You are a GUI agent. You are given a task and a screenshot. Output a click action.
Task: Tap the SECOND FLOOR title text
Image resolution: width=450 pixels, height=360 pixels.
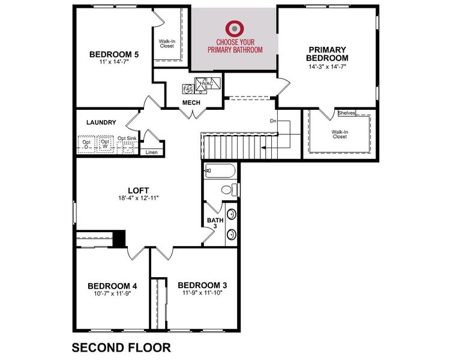pyautogui.click(x=121, y=347)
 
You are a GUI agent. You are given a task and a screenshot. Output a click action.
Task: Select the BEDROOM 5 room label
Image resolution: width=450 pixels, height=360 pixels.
pyautogui.click(x=114, y=54)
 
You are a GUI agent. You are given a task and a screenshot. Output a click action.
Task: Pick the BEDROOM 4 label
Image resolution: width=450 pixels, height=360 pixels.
pyautogui.click(x=112, y=286)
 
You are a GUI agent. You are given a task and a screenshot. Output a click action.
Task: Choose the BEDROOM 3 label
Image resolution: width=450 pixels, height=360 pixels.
pyautogui.click(x=202, y=284)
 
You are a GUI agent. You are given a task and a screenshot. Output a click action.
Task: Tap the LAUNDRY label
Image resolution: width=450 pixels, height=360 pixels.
pyautogui.click(x=101, y=122)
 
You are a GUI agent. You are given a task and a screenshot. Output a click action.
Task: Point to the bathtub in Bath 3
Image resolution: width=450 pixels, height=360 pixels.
pyautogui.click(x=220, y=170)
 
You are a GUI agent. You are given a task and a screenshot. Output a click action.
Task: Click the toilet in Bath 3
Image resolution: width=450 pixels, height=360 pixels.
pyautogui.click(x=229, y=190)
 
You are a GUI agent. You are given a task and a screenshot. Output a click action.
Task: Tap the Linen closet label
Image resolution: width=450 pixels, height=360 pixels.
pyautogui.click(x=152, y=152)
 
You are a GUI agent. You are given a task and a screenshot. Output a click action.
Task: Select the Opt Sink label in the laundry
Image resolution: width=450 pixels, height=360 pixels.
pyautogui.click(x=127, y=139)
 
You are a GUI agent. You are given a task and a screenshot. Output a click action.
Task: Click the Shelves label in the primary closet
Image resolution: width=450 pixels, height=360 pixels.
pyautogui.click(x=347, y=113)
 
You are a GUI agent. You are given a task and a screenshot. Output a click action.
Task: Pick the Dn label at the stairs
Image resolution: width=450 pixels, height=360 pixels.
pyautogui.click(x=273, y=121)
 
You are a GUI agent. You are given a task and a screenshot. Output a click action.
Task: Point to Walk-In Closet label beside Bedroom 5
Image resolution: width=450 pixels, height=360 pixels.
pyautogui.click(x=167, y=44)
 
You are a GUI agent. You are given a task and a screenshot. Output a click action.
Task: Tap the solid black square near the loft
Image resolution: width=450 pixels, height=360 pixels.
pyautogui.click(x=120, y=238)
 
